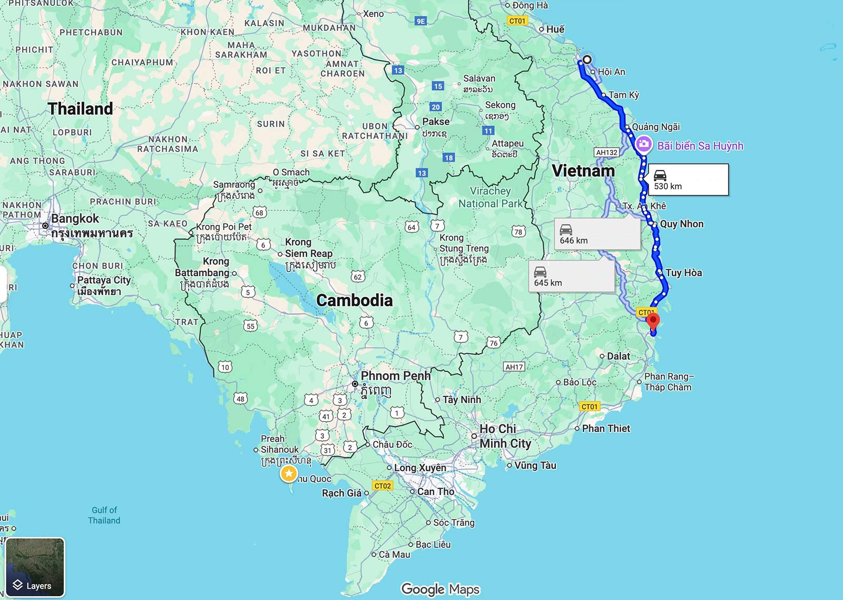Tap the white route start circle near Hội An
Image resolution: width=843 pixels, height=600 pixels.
[x=586, y=60]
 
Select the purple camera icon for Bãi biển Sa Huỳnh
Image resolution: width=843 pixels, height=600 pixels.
[x=643, y=144]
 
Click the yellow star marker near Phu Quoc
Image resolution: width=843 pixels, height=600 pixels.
[x=289, y=473]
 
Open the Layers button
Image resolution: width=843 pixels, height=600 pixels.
[x=35, y=567]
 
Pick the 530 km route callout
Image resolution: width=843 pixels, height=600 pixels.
[x=688, y=180]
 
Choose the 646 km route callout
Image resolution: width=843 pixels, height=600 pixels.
[x=596, y=234]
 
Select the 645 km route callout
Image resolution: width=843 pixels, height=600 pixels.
[x=571, y=276]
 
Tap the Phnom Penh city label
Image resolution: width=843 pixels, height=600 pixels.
[x=395, y=376]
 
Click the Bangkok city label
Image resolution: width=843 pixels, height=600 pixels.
[x=75, y=219]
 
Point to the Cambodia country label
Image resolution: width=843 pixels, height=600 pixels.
[x=355, y=301]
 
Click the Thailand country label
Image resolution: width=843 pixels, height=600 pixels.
[x=80, y=109]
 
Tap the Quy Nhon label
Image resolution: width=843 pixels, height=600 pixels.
[x=681, y=224]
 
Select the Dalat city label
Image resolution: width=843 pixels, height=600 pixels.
[x=618, y=356]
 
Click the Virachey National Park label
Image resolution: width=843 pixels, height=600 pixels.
[x=491, y=197]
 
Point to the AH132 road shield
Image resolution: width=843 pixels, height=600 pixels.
[x=606, y=152]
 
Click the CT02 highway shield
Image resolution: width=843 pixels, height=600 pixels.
[x=383, y=486]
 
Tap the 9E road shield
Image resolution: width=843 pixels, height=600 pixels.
[x=420, y=21]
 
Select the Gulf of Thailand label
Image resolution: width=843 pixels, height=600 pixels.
[x=104, y=515]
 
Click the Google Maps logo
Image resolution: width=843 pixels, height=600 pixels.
[x=440, y=589]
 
